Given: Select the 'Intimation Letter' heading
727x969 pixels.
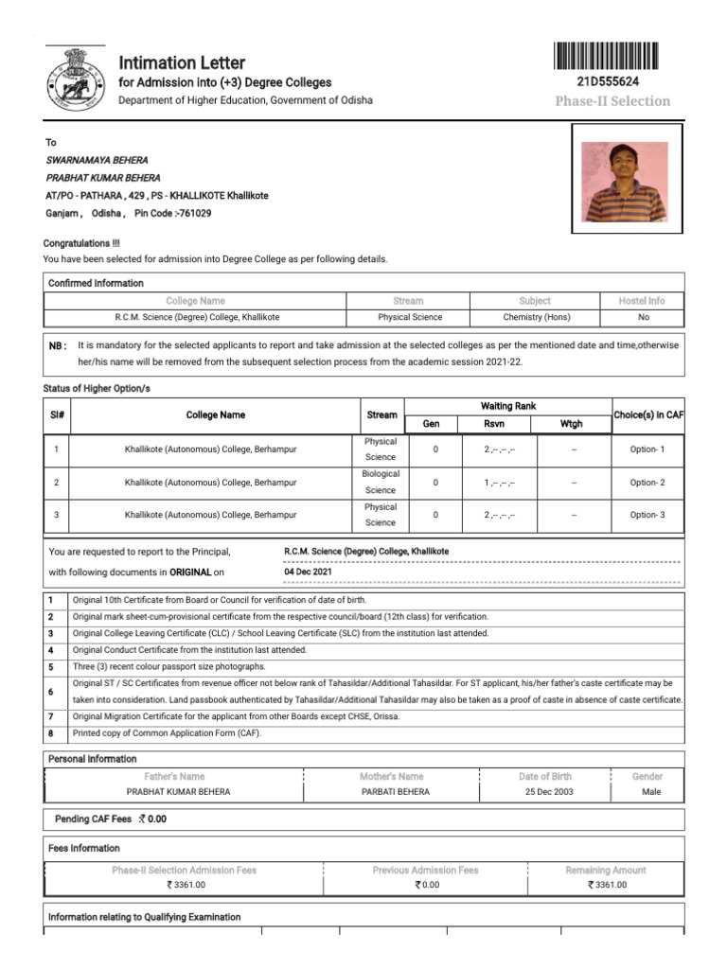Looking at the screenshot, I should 182,62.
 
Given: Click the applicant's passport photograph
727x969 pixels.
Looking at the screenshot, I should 624,182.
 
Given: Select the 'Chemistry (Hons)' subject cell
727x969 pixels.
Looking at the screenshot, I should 536,317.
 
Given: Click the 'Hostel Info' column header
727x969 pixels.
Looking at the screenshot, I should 642,301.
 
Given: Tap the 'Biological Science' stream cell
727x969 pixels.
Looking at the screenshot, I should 381,482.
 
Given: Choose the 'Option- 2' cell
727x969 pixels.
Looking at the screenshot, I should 647,483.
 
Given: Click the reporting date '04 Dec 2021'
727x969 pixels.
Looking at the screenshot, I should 308,573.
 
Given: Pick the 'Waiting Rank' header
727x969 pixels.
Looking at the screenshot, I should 508,406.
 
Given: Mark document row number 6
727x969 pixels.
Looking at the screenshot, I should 50,692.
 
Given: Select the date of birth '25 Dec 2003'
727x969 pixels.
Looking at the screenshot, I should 548,791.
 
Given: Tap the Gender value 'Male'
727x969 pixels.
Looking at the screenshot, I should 651,791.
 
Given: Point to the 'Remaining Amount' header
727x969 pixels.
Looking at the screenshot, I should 606,870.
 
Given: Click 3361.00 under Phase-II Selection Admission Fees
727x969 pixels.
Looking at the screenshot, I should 186,886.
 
